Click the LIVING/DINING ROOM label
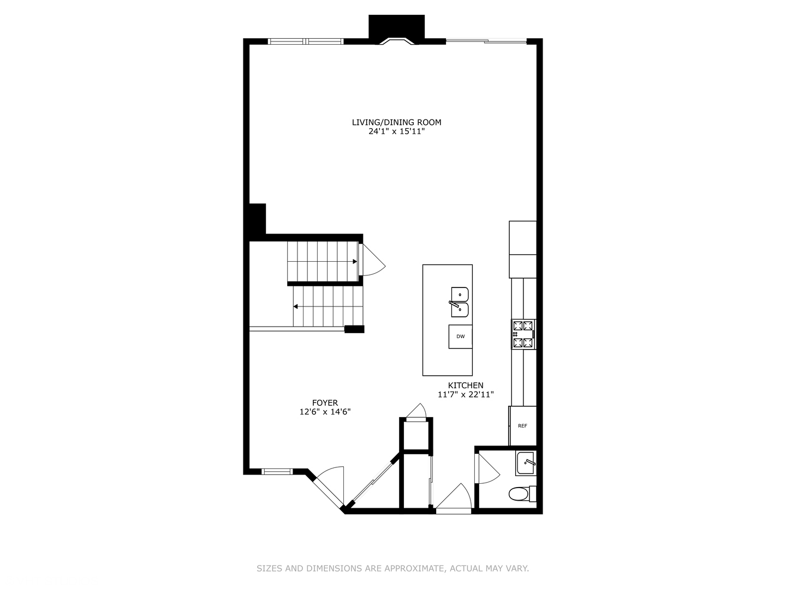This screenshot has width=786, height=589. click(396, 122)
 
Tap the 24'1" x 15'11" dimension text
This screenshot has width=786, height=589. click(396, 131)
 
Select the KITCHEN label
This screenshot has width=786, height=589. click(466, 386)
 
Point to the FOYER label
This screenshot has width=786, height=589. click(325, 403)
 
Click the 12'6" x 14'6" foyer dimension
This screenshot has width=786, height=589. click(325, 412)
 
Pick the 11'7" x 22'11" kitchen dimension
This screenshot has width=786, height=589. click(466, 394)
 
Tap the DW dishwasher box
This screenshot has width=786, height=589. click(461, 336)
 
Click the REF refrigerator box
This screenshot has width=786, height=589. click(523, 426)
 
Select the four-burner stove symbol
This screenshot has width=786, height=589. click(523, 334)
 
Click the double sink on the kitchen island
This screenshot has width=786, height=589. click(460, 302)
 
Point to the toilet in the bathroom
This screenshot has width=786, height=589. click(522, 494)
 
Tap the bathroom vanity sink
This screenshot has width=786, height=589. click(526, 463)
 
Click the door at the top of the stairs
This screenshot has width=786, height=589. click(374, 260)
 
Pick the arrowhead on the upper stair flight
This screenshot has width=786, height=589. click(355, 262)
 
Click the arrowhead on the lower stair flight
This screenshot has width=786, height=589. click(295, 306)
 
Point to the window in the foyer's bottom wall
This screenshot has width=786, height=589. click(277, 472)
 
